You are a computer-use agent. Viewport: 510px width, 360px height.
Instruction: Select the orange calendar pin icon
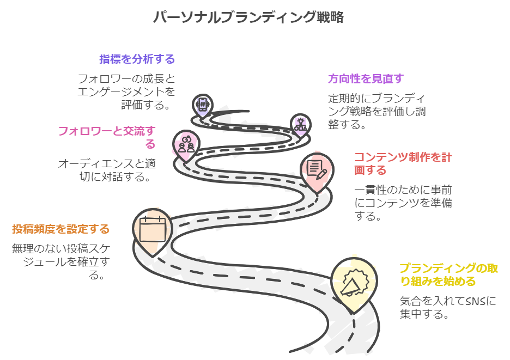[x=152, y=229]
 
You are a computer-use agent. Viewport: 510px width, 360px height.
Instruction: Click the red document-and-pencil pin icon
[x=317, y=168]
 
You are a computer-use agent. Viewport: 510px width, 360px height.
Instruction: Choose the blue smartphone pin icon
[x=203, y=105]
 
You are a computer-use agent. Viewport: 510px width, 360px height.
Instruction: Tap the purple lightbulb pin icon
[x=299, y=124]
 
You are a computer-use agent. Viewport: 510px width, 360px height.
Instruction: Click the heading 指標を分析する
[x=137, y=59]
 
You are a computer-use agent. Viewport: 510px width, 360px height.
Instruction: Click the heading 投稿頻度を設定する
[x=61, y=229]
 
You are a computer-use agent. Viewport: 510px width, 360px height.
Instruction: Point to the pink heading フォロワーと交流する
[x=107, y=137]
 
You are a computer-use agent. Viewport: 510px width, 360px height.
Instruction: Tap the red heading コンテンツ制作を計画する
[x=403, y=163]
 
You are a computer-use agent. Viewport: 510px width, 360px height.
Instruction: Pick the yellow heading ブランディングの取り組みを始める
[x=448, y=274]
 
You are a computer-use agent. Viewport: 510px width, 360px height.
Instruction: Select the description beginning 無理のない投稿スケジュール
[x=61, y=261]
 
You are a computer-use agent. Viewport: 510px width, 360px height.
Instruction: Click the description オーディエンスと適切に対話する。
[x=105, y=170]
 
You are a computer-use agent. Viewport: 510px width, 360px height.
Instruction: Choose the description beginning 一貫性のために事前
[x=403, y=203]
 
